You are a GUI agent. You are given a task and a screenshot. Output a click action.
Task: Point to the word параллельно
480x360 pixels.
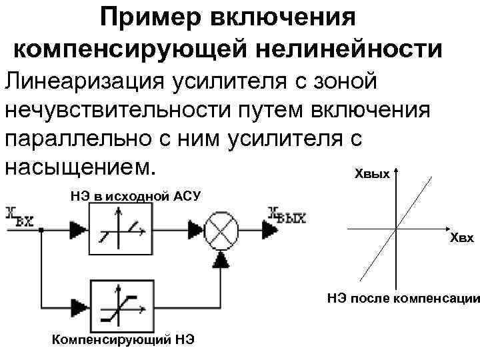tap(96, 138)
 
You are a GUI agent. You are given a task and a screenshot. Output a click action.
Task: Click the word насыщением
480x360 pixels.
tap(84, 166)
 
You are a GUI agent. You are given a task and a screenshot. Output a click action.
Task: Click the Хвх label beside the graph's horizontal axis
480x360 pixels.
tap(461, 238)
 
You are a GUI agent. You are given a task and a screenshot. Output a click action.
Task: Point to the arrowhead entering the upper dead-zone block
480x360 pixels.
tap(79, 229)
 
